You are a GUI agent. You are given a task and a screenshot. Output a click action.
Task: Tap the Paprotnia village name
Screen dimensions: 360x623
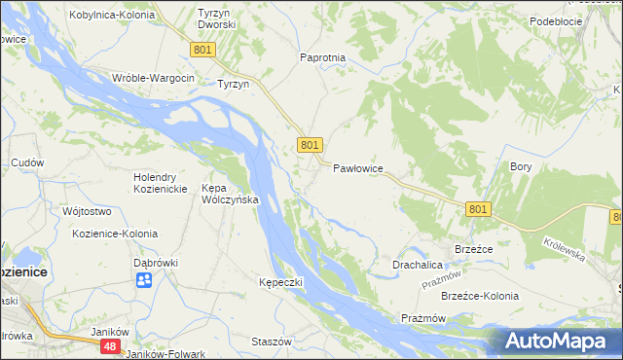tap(323, 57)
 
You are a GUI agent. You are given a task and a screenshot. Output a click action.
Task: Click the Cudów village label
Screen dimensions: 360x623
tap(27, 162)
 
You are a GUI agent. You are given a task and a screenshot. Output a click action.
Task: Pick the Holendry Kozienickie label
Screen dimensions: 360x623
tap(166, 182)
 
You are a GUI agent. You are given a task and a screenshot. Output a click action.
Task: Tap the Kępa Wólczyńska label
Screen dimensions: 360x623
tap(229, 194)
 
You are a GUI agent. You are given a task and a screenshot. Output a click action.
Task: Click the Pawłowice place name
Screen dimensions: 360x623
tap(358, 168)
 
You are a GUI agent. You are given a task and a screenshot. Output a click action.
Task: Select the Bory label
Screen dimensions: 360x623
tap(521, 166)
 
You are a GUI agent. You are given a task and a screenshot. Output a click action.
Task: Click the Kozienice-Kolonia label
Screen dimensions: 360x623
tap(115, 234)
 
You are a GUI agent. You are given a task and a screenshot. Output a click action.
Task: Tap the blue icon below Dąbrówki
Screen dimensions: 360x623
tap(144, 280)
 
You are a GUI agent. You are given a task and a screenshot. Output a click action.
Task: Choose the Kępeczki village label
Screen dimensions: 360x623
tap(281, 282)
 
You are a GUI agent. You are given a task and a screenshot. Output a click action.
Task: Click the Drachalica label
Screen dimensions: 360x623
tap(418, 264)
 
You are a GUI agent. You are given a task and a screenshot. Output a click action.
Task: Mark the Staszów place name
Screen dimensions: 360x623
tap(272, 342)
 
